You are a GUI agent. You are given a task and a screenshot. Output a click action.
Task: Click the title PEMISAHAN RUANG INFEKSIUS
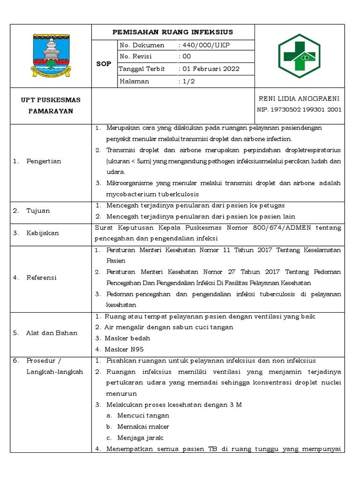click(173, 32)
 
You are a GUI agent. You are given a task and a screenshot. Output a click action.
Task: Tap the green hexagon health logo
click(299, 56)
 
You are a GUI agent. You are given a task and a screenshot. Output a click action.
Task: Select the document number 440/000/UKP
click(204, 45)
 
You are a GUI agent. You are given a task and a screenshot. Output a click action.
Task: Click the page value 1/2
click(187, 81)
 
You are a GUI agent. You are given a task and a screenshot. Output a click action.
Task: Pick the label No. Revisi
click(137, 57)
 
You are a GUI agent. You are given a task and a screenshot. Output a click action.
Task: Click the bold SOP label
click(104, 63)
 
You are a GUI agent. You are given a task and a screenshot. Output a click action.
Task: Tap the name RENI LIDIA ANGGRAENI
click(299, 98)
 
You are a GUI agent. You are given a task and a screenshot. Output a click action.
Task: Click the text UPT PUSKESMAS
click(51, 100)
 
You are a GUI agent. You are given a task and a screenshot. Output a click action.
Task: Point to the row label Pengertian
click(44, 161)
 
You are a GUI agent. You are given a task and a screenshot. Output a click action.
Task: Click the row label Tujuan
click(38, 210)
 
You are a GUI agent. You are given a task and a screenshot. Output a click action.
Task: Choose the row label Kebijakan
click(43, 233)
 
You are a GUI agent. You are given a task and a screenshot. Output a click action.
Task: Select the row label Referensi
click(41, 277)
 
